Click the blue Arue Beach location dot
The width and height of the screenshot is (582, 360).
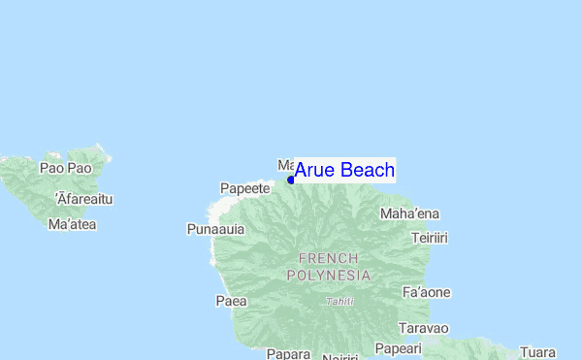point(291,180)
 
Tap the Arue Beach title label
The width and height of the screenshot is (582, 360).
point(344,171)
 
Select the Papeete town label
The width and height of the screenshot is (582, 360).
point(244,187)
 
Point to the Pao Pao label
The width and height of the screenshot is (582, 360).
point(65,168)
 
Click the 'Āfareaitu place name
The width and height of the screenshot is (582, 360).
point(84,199)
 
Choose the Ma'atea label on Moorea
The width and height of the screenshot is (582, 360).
point(71,224)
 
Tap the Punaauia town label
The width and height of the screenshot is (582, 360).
point(215,230)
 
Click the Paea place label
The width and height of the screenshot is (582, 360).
point(231,301)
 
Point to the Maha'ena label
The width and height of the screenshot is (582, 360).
point(409,213)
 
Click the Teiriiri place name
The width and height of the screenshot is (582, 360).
point(429,238)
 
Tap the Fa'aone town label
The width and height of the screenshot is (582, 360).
point(425,292)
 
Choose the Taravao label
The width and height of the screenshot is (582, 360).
point(423,328)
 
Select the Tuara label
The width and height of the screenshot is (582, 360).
point(537,351)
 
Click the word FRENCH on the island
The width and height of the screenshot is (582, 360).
point(329,258)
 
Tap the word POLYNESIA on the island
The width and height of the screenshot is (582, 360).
point(329,275)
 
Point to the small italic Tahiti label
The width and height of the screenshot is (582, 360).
point(339,301)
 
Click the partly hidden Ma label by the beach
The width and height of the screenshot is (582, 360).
point(284,166)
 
